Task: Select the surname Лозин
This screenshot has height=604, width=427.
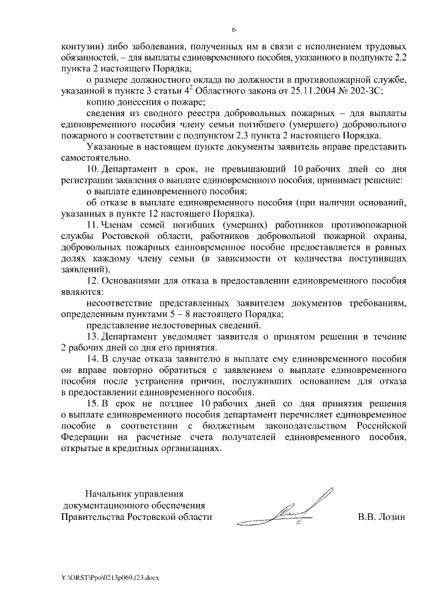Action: click(x=390, y=517)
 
